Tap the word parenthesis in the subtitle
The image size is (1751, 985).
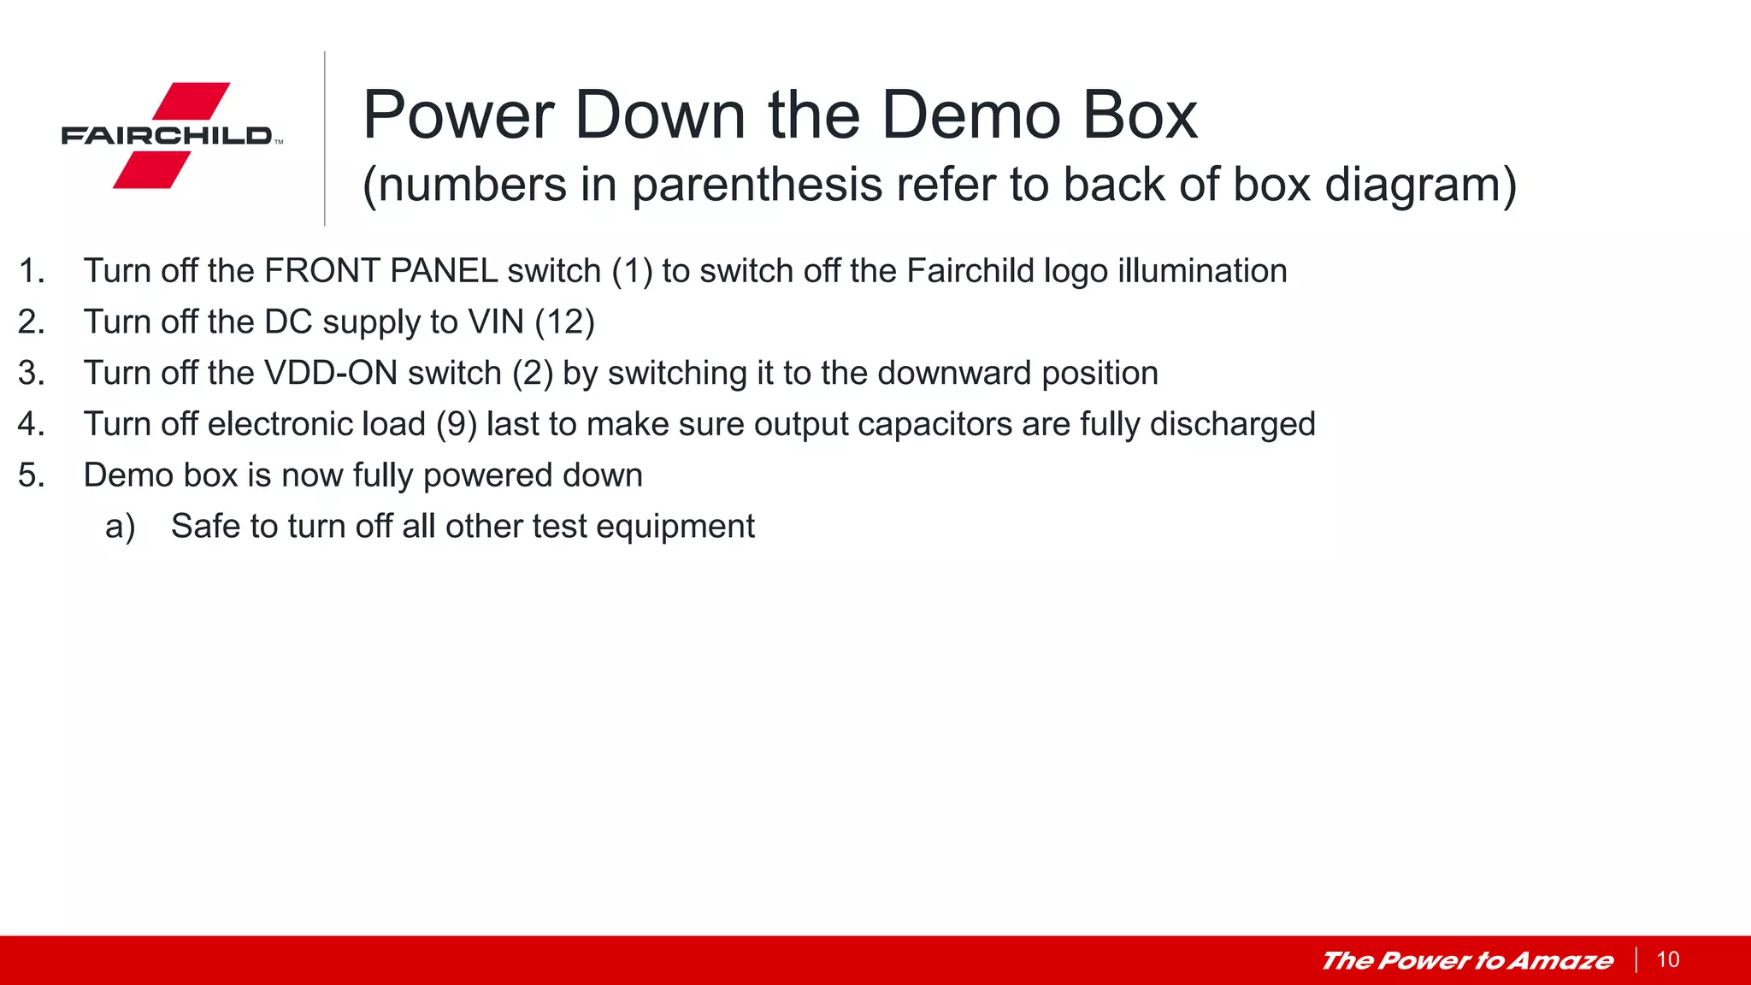(x=757, y=185)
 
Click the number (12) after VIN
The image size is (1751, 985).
(x=564, y=322)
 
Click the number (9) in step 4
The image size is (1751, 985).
(x=457, y=424)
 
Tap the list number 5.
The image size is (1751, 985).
(x=30, y=475)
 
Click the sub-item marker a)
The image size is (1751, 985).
(x=120, y=527)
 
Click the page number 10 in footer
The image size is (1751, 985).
(x=1668, y=959)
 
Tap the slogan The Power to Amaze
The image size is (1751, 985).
(x=1467, y=960)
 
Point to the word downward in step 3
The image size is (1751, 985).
(x=954, y=374)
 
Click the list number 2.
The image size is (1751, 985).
(x=30, y=322)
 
